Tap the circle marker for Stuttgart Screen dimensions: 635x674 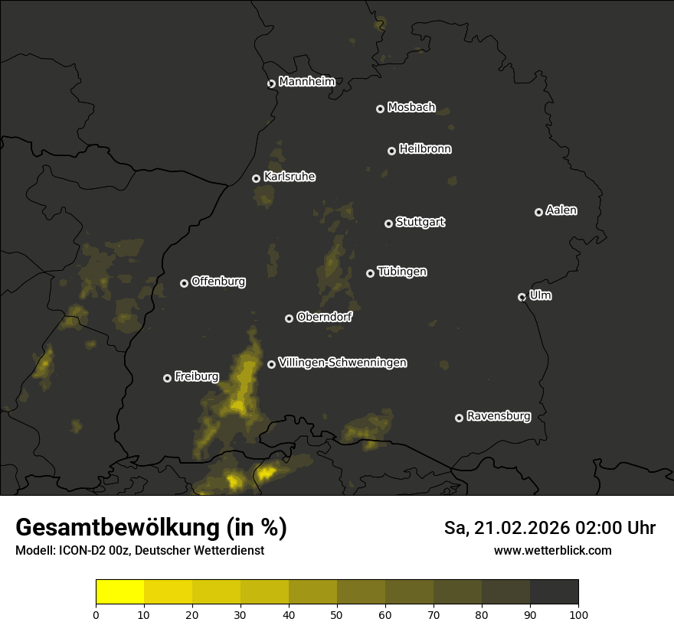(388, 223)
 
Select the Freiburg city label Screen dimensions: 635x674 (196, 376)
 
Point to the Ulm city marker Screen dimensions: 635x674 (522, 297)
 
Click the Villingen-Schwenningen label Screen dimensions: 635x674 (342, 363)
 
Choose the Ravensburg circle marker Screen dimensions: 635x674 (459, 418)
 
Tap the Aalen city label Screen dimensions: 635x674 (561, 210)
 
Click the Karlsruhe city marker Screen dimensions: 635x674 (256, 178)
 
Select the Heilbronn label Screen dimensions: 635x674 (425, 149)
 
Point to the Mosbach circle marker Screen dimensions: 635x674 (380, 109)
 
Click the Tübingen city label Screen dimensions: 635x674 (402, 272)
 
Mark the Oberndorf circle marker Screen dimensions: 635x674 (289, 318)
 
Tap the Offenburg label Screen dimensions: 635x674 (218, 282)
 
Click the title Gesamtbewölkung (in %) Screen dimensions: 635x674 (151, 527)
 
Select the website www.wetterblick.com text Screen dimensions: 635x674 (552, 550)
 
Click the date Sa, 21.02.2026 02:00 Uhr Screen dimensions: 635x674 (549, 528)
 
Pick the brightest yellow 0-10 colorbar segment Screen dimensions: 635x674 (119, 592)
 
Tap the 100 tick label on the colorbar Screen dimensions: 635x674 (578, 614)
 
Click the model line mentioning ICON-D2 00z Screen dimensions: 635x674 (139, 550)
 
